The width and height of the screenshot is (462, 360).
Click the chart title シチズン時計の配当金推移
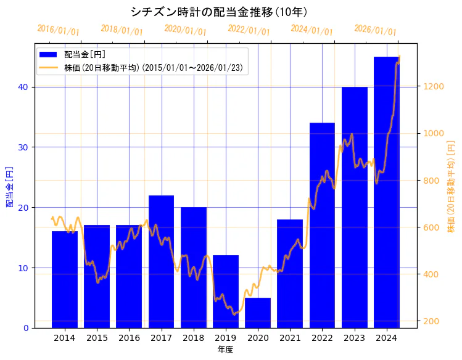pyautogui.click(x=220, y=12)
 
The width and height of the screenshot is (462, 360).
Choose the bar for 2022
pyautogui.click(x=322, y=225)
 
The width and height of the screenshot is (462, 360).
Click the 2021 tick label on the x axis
pyautogui.click(x=290, y=338)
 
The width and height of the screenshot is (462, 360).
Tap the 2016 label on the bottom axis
pyautogui.click(x=129, y=338)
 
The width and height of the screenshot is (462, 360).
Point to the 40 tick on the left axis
pyautogui.click(x=23, y=87)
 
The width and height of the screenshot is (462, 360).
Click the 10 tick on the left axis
pyautogui.click(x=23, y=268)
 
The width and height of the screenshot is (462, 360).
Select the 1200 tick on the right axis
pyautogui.click(x=431, y=86)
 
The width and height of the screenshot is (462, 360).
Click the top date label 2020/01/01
pyautogui.click(x=185, y=30)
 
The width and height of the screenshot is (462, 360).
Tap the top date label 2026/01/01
pyautogui.click(x=375, y=30)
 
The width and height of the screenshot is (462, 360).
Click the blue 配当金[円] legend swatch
pyautogui.click(x=49, y=54)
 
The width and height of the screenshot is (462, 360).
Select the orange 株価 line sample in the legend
pyautogui.click(x=49, y=67)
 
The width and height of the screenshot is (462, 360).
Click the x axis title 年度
pyautogui.click(x=225, y=350)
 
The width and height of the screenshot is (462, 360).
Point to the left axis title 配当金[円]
pyautogui.click(x=9, y=186)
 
